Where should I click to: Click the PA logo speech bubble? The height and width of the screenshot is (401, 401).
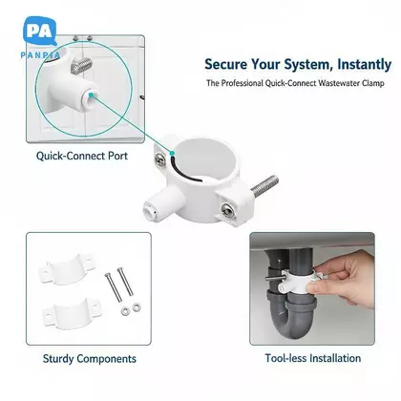coord(40,31)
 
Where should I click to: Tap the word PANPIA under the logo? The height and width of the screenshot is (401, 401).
coord(40,55)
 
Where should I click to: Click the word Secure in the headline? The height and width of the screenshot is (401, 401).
coord(225,64)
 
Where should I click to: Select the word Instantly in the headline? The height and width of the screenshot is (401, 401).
coord(364,65)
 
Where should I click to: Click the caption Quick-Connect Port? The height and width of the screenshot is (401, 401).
coord(82,156)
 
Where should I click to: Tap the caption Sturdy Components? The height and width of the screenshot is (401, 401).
coord(90,359)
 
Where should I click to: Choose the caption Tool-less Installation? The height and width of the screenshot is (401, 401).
coord(313,358)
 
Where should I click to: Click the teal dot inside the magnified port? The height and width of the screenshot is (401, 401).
coord(91,95)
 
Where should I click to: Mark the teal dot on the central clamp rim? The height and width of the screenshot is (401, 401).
coord(172,154)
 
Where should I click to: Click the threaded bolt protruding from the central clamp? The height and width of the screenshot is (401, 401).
coord(264,185)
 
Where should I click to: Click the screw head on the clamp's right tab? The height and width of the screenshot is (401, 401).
coord(228,211)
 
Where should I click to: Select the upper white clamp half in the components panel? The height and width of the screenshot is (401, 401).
coord(67,269)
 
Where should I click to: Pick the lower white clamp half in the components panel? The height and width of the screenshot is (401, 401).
coord(72,314)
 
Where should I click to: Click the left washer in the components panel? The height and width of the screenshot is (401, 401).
coord(125,310)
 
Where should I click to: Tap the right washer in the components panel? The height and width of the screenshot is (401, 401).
coord(137,307)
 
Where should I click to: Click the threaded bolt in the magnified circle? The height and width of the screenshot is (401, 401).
coord(81,65)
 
